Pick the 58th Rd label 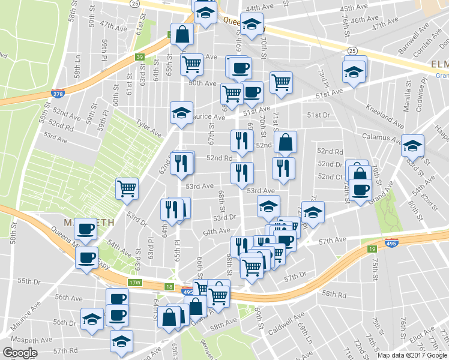tap(334, 295)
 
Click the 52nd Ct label tap(330, 176)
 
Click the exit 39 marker tap(139, 57)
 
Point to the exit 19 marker tap(372, 248)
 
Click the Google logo tap(20, 353)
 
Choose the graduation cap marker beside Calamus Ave tap(412, 145)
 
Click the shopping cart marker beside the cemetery tap(127, 188)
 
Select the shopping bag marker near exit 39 tap(181, 34)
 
